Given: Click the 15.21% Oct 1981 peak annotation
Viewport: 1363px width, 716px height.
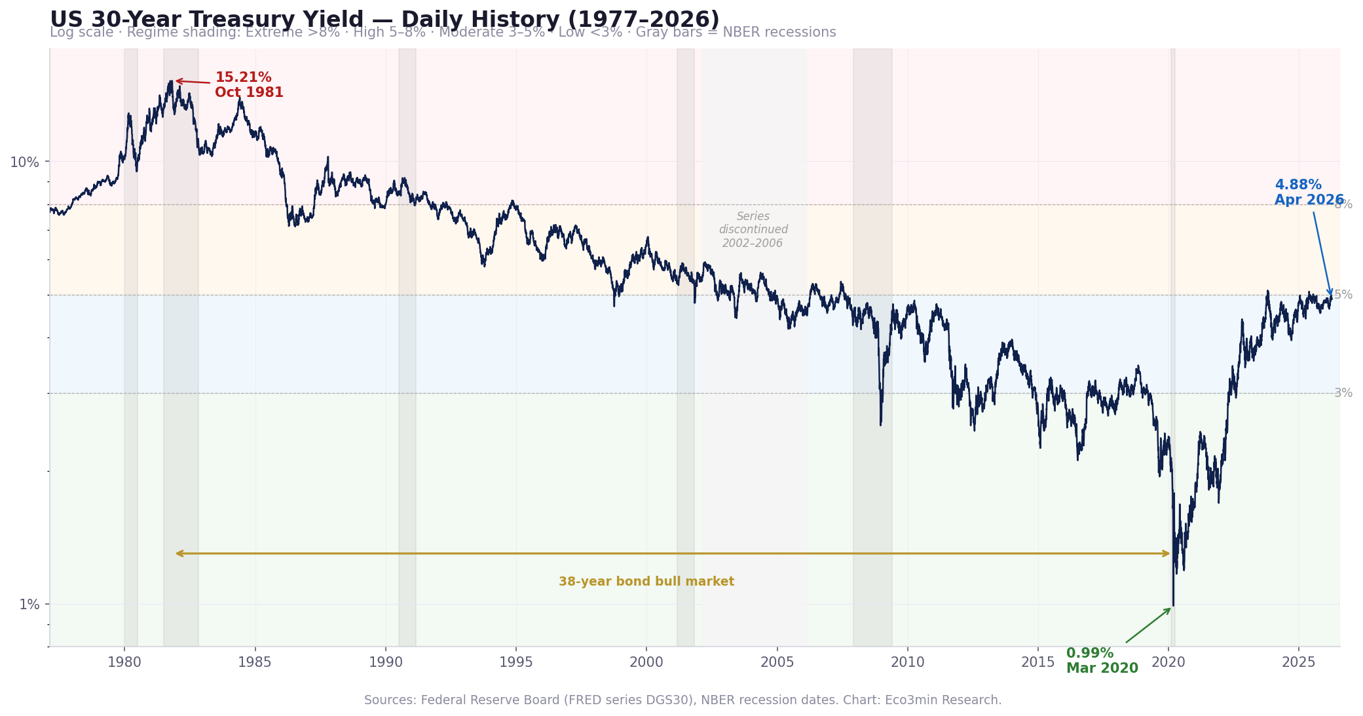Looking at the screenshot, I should (x=248, y=85).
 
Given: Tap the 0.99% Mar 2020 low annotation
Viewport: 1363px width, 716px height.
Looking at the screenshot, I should (x=1102, y=660).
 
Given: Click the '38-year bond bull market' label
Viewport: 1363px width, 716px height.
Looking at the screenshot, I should (x=646, y=582).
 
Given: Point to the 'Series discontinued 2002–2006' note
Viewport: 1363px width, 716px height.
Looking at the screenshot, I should (x=753, y=230).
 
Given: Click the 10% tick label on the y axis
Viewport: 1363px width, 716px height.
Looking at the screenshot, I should (x=24, y=162).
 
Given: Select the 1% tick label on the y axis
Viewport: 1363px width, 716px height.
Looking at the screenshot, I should (x=29, y=605).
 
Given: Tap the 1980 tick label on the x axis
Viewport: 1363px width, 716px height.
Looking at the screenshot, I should (x=124, y=662).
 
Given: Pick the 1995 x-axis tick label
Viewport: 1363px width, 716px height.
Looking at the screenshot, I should (x=515, y=662).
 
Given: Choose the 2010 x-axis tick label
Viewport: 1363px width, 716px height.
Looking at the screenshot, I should (x=907, y=662).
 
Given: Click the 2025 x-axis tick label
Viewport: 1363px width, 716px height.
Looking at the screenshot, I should (x=1298, y=662).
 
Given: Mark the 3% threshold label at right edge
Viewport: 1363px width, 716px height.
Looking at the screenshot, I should (x=1343, y=393).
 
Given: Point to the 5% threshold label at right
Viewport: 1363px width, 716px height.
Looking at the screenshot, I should (x=1343, y=295).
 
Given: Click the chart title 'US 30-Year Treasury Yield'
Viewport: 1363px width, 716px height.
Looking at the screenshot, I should (x=384, y=20).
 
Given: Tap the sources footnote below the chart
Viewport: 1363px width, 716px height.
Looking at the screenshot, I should (x=682, y=700).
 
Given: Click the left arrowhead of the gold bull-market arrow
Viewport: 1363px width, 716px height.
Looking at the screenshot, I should (x=177, y=554).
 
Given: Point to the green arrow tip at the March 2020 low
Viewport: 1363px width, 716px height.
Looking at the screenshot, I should (x=1170, y=609).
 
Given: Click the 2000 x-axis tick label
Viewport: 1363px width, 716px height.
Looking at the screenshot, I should (x=646, y=662).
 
